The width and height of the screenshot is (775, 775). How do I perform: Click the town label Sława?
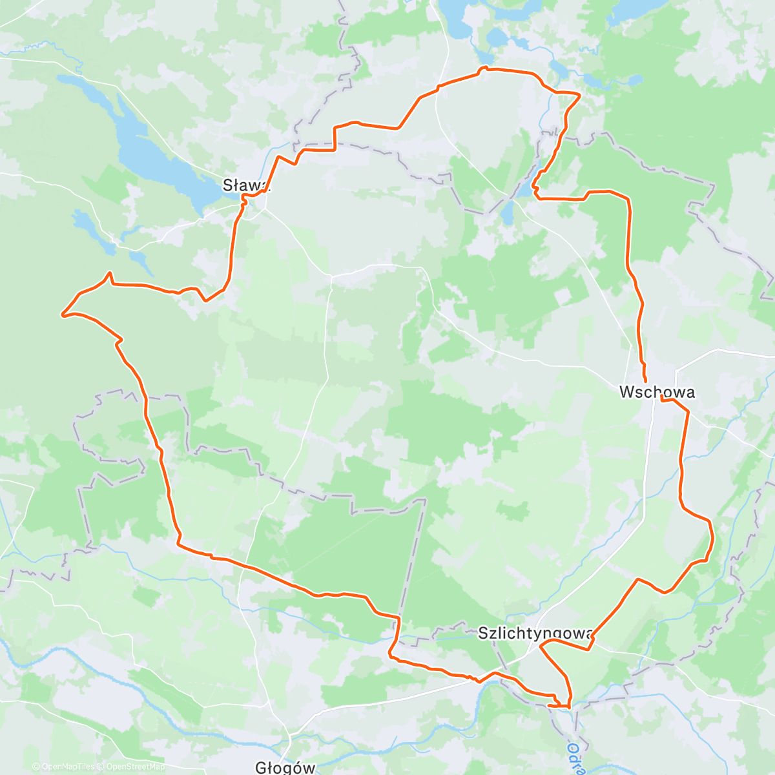tap(244, 185)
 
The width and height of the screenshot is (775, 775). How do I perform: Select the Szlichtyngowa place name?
tap(533, 633)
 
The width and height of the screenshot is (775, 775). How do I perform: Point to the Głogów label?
tap(285, 767)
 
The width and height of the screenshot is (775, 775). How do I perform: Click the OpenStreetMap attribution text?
tap(135, 767)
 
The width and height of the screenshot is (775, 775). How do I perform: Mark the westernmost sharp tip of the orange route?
tap(62, 315)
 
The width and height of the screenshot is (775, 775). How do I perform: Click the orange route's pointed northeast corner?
tap(580, 96)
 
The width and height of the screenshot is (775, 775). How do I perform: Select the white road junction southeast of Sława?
tap(331, 276)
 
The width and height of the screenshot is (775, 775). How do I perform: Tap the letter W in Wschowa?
tap(626, 391)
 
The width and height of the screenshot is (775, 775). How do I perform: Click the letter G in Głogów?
tap(260, 767)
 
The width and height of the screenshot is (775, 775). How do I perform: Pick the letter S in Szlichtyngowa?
tap(482, 633)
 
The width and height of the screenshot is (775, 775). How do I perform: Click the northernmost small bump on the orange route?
tap(482, 67)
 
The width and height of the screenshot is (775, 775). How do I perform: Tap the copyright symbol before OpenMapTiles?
tap(37, 767)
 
